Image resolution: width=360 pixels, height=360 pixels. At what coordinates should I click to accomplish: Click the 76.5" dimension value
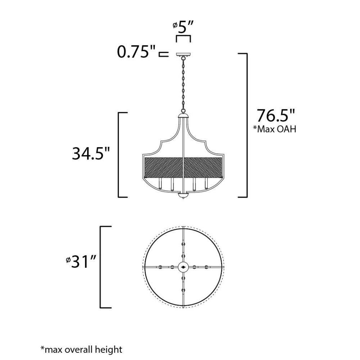coord(275,116)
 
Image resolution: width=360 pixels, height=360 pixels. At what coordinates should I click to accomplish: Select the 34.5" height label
coord(91,153)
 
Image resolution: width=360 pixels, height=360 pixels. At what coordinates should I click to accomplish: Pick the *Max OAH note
coord(274,129)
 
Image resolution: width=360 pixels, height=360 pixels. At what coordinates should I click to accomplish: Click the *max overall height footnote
coord(81,350)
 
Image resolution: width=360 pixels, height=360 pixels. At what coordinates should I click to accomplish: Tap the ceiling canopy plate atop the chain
coord(183,55)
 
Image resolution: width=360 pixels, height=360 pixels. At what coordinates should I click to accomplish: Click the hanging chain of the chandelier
coord(183,85)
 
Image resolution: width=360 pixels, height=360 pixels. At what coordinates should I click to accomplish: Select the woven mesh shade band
coord(183,167)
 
